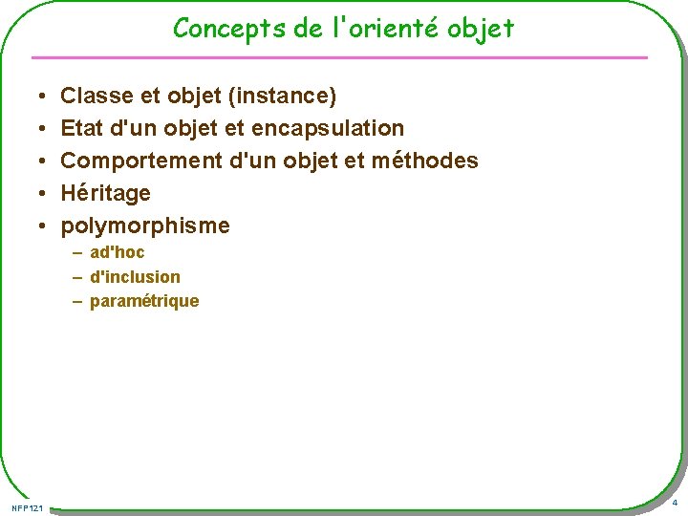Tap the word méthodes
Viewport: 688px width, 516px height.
tap(424, 161)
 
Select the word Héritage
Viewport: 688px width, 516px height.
tap(106, 193)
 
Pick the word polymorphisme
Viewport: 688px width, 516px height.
tap(145, 226)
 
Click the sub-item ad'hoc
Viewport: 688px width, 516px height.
tap(117, 253)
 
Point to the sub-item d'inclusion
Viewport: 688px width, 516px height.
tap(135, 277)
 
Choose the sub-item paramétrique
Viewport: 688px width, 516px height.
tap(144, 301)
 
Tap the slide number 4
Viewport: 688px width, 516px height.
tap(675, 503)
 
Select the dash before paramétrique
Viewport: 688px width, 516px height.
tap(76, 301)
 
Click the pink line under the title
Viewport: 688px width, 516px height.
tap(344, 57)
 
